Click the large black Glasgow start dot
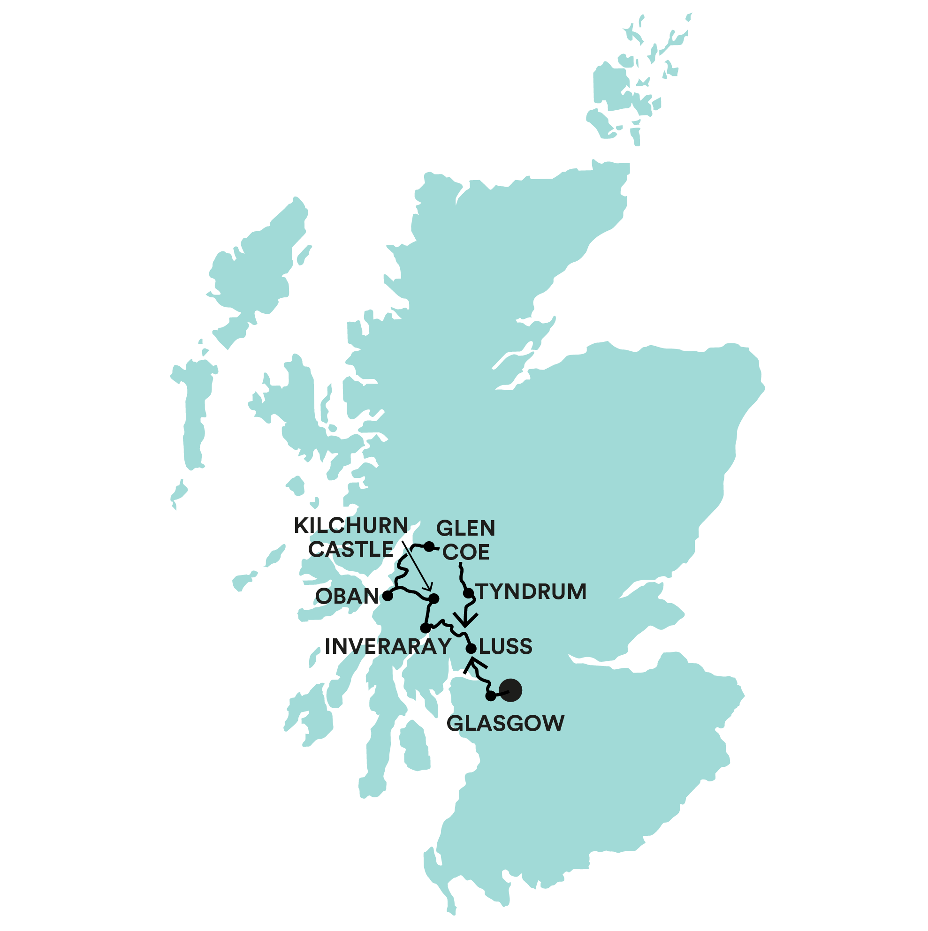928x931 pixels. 510,690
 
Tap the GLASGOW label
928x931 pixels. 505,723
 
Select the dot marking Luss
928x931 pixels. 471,649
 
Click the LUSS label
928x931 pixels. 506,647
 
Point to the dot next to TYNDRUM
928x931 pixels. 468,593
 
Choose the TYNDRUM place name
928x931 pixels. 531,592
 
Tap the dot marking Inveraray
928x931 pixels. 425,628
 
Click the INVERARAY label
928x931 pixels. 388,647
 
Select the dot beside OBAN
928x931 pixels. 388,596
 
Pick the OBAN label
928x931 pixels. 347,597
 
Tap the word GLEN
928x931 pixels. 466,529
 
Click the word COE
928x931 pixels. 466,552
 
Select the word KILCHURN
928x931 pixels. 351,526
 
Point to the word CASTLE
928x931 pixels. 351,550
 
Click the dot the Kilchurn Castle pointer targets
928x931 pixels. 434,598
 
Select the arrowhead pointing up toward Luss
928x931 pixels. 474,666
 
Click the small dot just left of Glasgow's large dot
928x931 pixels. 490,696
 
